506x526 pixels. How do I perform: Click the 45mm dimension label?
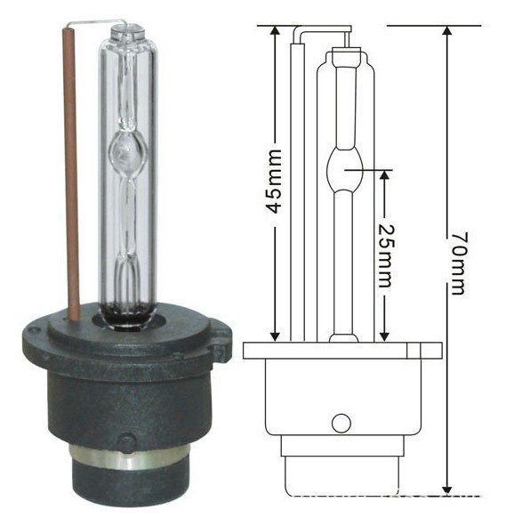(275, 182)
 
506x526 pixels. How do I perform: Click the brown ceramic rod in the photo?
(70, 178)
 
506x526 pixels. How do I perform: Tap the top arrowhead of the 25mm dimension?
(383, 174)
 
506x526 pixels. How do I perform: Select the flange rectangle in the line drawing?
(341, 351)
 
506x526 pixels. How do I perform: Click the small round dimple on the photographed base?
(128, 442)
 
